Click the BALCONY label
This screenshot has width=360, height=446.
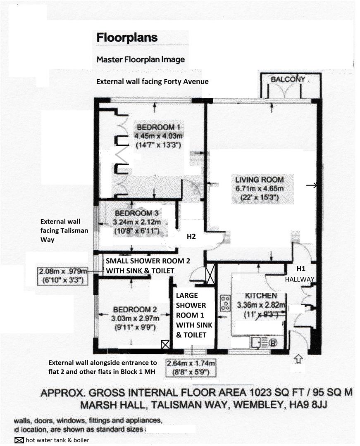click(x=288, y=79)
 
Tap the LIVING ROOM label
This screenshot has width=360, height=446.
click(x=259, y=180)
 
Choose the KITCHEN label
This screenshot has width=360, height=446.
click(x=261, y=296)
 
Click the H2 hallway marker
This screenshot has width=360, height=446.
click(x=191, y=237)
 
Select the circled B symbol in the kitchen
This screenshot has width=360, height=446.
click(x=273, y=342)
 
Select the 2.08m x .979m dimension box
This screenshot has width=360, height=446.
click(x=63, y=275)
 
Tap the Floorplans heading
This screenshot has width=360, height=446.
click(x=127, y=38)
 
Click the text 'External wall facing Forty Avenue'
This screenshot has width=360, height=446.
click(x=152, y=82)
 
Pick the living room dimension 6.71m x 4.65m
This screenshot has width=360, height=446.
click(x=259, y=189)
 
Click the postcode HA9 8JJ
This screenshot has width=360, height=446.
click(x=306, y=406)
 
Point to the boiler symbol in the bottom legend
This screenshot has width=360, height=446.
click(x=19, y=440)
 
